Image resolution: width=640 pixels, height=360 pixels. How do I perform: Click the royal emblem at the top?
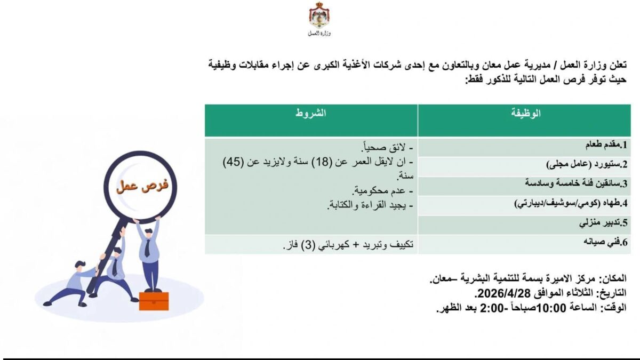[x=319, y=14]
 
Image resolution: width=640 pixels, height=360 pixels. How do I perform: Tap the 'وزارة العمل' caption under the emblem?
[x=319, y=34]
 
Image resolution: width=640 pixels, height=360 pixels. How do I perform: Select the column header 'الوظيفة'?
[x=526, y=113]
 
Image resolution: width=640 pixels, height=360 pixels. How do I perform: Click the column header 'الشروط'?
[x=310, y=113]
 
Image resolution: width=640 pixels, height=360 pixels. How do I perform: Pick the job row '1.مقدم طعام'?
[x=606, y=145]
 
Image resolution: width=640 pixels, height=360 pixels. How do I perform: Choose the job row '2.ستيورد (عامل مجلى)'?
[x=587, y=164]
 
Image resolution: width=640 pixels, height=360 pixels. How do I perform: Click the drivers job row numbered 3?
[x=576, y=183]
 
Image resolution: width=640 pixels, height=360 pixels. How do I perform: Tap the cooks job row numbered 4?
[x=571, y=203]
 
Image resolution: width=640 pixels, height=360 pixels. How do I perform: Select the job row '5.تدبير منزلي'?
[x=603, y=222]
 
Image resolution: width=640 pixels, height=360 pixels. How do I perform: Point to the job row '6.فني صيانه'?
[x=605, y=242]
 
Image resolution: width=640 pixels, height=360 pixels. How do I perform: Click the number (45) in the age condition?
[x=234, y=162]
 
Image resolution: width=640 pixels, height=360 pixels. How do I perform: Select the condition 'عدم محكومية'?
[x=379, y=190]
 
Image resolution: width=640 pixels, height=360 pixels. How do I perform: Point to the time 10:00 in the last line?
[x=551, y=308]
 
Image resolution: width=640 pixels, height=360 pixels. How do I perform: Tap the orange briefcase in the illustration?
[x=154, y=301]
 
